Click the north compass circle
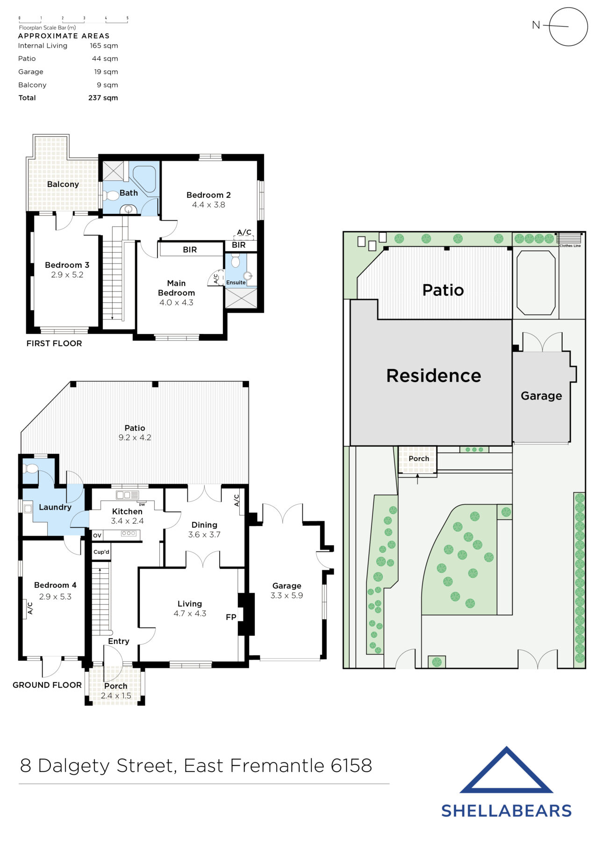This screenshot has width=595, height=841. (x=568, y=27)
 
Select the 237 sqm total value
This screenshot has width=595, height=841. (x=103, y=98)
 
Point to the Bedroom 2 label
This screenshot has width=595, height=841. (x=208, y=195)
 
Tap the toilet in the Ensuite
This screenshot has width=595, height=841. (x=236, y=260)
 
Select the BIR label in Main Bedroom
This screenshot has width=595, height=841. (x=190, y=250)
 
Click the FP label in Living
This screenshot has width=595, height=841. (x=231, y=617)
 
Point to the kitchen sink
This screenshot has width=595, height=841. (x=127, y=495)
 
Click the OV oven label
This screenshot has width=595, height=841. (x=97, y=535)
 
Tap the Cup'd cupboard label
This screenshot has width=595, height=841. (x=101, y=552)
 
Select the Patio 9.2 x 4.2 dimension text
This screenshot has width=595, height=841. (x=135, y=438)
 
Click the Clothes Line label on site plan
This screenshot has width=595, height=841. (x=570, y=246)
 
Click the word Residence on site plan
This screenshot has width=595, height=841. (x=433, y=376)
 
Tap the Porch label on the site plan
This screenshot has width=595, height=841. (x=419, y=459)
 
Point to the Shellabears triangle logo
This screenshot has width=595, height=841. (x=506, y=771)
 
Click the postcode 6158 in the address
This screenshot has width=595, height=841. (x=351, y=766)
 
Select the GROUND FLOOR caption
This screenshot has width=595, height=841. (x=47, y=685)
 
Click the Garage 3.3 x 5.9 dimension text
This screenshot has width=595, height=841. (x=287, y=596)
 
